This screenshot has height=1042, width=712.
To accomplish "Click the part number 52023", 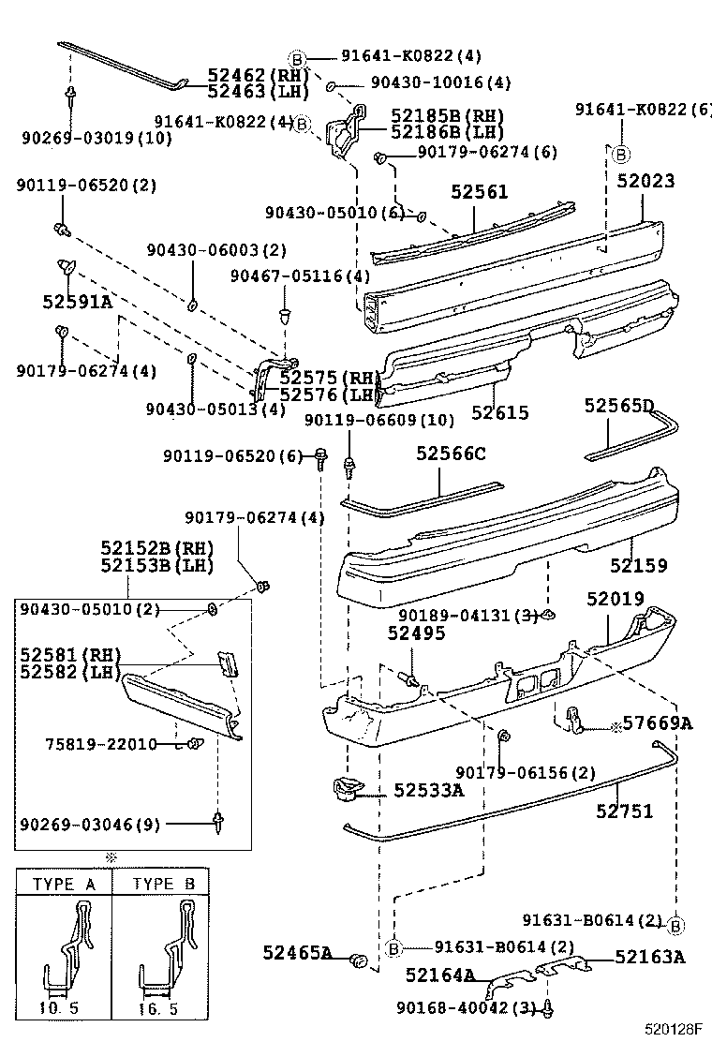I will pyautogui.click(x=645, y=181).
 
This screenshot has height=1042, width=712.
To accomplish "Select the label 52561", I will pyautogui.click(x=479, y=192).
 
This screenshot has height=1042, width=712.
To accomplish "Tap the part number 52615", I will pyautogui.click(x=499, y=412).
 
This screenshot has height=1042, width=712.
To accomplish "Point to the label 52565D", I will pyautogui.click(x=618, y=406).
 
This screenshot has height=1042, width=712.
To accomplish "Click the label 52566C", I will pyautogui.click(x=452, y=454).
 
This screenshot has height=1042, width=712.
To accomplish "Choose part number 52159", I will pyautogui.click(x=639, y=565).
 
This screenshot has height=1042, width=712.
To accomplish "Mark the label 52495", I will pyautogui.click(x=416, y=634).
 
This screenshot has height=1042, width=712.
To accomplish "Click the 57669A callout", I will pyautogui.click(x=658, y=722).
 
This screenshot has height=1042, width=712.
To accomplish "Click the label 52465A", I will pyautogui.click(x=297, y=953).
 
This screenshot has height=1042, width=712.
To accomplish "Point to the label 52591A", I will pyautogui.click(x=77, y=301).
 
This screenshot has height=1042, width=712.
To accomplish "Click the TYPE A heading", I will pyautogui.click(x=65, y=884).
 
